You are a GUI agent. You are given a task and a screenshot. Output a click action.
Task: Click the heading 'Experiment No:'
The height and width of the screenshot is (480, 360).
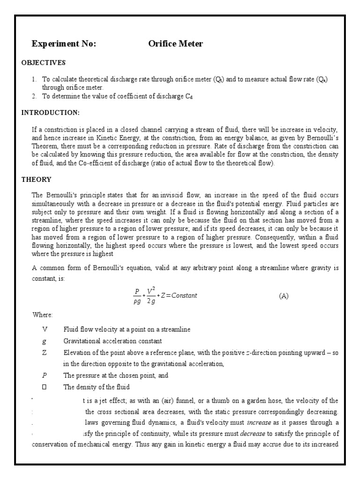pyautogui.click(x=63, y=44)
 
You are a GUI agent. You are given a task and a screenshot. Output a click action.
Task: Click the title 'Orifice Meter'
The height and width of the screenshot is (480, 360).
pyautogui.click(x=175, y=44)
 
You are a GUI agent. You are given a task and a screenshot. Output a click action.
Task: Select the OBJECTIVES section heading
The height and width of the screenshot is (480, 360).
pyautogui.click(x=44, y=63)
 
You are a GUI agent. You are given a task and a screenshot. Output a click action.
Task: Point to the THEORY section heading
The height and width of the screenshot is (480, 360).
pyautogui.click(x=37, y=180)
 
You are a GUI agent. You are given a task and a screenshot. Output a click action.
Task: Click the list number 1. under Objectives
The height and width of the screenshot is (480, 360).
pyautogui.click(x=34, y=80)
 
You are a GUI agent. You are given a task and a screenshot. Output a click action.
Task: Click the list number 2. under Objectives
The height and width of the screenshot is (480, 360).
pyautogui.click(x=34, y=97)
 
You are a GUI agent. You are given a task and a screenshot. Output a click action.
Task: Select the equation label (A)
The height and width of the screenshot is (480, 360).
pyautogui.click(x=284, y=296)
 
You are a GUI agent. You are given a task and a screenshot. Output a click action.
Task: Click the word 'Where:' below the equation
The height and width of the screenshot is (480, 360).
pyautogui.click(x=43, y=314)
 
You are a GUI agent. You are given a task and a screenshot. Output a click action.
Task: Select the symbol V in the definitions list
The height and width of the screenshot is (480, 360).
pyautogui.click(x=45, y=330)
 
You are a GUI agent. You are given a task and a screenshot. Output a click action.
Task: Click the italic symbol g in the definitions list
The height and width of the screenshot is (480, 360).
pyautogui.click(x=45, y=341)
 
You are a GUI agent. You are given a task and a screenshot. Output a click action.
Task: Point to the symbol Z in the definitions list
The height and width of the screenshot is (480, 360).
pyautogui.click(x=45, y=352)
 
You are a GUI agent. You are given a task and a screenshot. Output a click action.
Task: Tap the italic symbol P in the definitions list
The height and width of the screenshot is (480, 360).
pyautogui.click(x=45, y=375)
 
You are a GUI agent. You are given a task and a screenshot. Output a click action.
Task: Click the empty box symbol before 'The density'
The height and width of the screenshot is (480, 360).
pyautogui.click(x=45, y=387)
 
